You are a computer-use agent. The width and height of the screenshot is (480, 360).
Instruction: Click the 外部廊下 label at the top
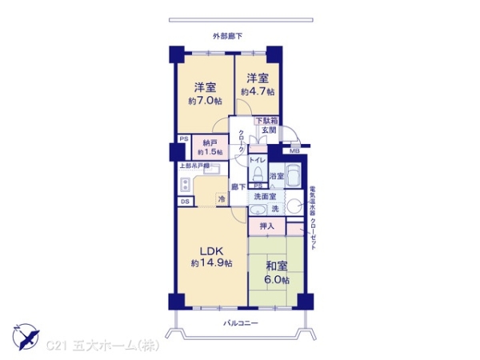coord(227,36)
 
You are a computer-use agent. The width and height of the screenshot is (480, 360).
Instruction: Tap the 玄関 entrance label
coord(268,130)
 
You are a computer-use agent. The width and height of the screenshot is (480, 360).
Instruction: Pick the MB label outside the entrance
coord(294,150)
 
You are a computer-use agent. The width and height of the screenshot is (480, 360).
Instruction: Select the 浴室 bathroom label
coord(276,176)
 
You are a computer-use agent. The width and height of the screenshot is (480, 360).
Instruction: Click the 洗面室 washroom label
coord(265,196)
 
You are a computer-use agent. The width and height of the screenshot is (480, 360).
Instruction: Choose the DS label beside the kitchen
coord(184,202)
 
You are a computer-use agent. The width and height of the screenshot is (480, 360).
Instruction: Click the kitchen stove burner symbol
coord(186,184)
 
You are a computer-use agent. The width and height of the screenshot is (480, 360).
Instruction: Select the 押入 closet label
coord(267,226)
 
